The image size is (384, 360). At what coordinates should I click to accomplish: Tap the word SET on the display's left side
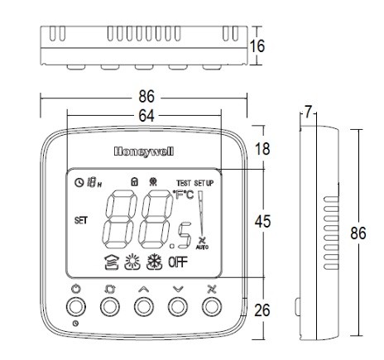pos(81,220)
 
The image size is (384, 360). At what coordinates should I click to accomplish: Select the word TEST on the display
pos(183,182)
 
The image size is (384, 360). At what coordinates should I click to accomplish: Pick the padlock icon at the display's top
pos(132,180)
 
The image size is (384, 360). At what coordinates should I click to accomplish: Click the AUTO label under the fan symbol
pos(202,247)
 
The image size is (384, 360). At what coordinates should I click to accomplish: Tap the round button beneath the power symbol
pos(75,307)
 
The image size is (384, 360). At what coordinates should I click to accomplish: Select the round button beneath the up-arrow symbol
pos(143,307)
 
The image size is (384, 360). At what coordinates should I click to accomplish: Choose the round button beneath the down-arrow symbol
pos(177,307)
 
